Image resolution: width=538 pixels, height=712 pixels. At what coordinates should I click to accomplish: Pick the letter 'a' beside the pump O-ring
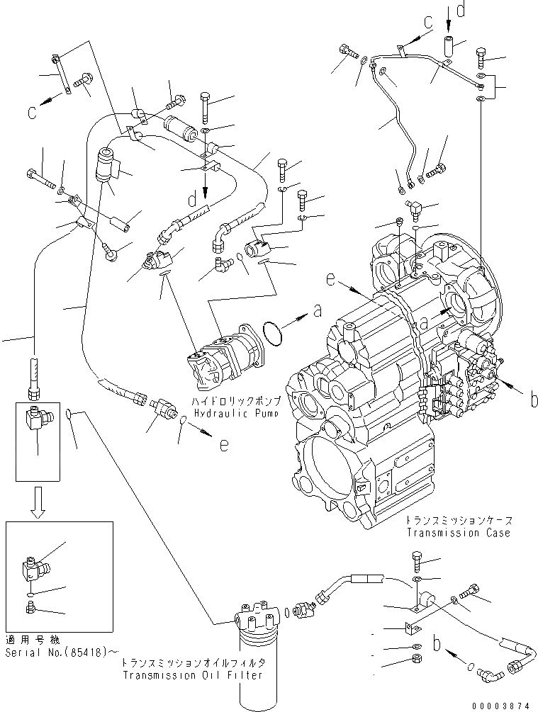317,311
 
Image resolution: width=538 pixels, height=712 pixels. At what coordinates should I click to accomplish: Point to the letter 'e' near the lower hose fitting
224,445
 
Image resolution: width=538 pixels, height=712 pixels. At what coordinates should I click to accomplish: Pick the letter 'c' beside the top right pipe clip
428,23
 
